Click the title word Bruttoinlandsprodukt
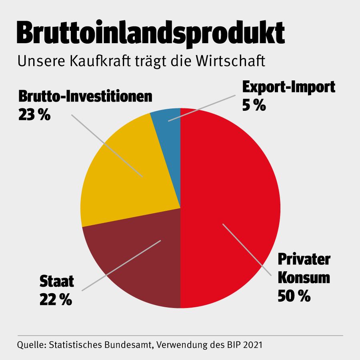point(150,33)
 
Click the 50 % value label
point(294,296)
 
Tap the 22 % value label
point(56,300)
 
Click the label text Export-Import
point(288,88)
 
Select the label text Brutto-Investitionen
point(85,97)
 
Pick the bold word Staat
point(57,282)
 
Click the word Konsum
point(304,278)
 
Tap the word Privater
point(304,259)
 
